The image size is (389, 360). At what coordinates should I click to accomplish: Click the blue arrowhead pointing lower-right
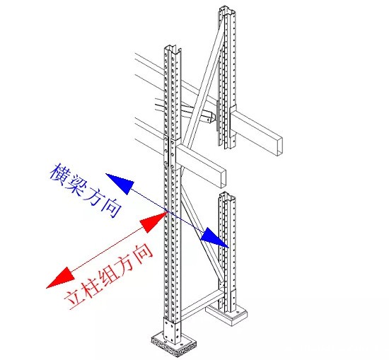coord(215,238)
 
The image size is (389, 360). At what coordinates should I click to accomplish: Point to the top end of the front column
coord(173,51)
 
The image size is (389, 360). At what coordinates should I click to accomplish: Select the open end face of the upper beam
coord(281,144)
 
